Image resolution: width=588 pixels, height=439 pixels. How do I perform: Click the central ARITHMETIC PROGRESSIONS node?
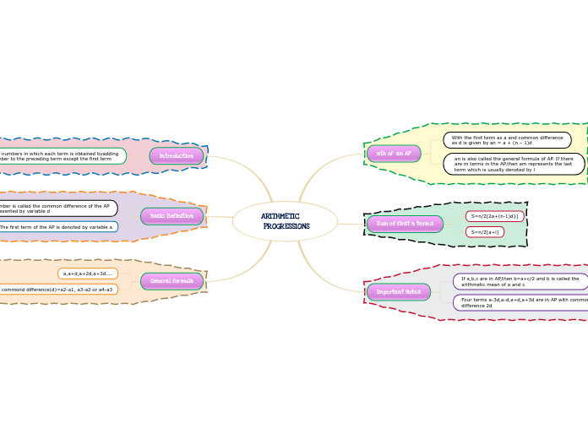(285, 221)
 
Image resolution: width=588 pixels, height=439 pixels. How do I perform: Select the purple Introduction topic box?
(177, 156)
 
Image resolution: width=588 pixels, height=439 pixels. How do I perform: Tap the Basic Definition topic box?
(172, 216)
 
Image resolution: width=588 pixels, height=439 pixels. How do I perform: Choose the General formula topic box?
(172, 281)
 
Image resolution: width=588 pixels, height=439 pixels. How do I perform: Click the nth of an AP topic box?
(394, 154)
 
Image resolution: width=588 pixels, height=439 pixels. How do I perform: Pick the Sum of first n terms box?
(405, 224)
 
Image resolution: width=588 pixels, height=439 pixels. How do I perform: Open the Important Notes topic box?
(399, 292)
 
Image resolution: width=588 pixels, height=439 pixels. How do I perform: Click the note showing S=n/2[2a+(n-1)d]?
(494, 216)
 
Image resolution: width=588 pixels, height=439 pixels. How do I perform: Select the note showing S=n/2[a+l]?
(485, 232)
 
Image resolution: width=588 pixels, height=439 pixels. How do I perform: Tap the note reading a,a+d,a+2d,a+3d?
(88, 274)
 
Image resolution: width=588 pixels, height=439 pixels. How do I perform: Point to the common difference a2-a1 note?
(57, 290)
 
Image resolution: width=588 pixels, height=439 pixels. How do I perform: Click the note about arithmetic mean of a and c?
(520, 281)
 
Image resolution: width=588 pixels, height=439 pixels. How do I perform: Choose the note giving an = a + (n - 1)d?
(507, 140)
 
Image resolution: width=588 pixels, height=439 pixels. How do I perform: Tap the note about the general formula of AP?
(514, 164)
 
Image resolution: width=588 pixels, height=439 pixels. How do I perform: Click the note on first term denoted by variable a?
(57, 227)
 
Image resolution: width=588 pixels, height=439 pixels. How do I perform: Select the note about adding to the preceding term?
(61, 156)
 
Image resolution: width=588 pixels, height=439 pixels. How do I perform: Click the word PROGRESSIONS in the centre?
(286, 226)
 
